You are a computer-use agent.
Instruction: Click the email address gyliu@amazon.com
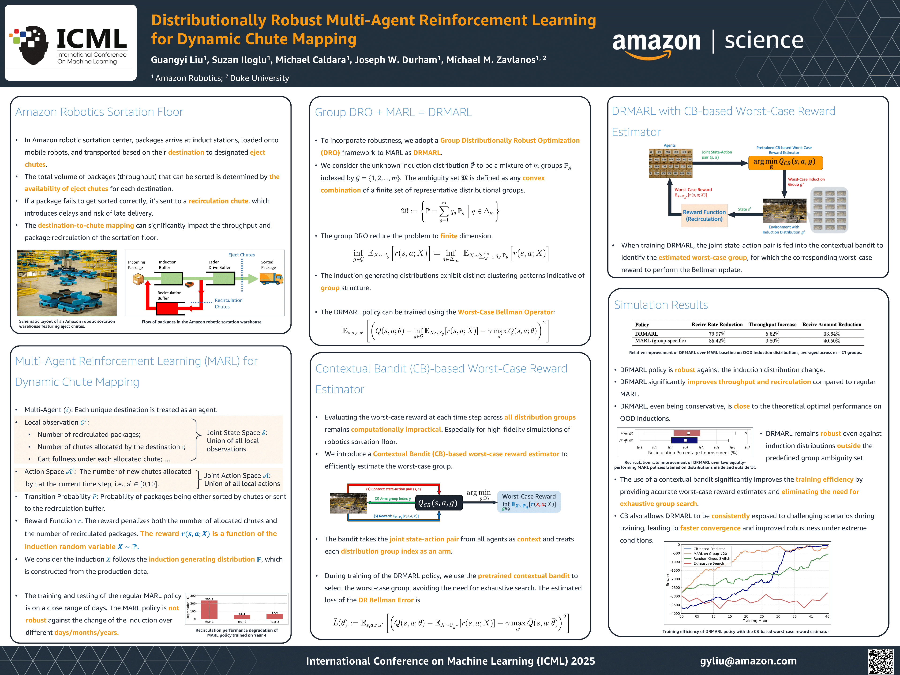click(x=748, y=661)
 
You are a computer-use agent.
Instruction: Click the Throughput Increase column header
click(x=772, y=325)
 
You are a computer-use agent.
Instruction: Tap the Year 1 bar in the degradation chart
click(x=209, y=610)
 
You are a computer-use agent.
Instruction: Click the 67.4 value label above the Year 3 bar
click(x=275, y=612)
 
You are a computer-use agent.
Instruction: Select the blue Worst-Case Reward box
click(x=529, y=501)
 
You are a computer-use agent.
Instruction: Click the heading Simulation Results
click(x=661, y=305)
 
